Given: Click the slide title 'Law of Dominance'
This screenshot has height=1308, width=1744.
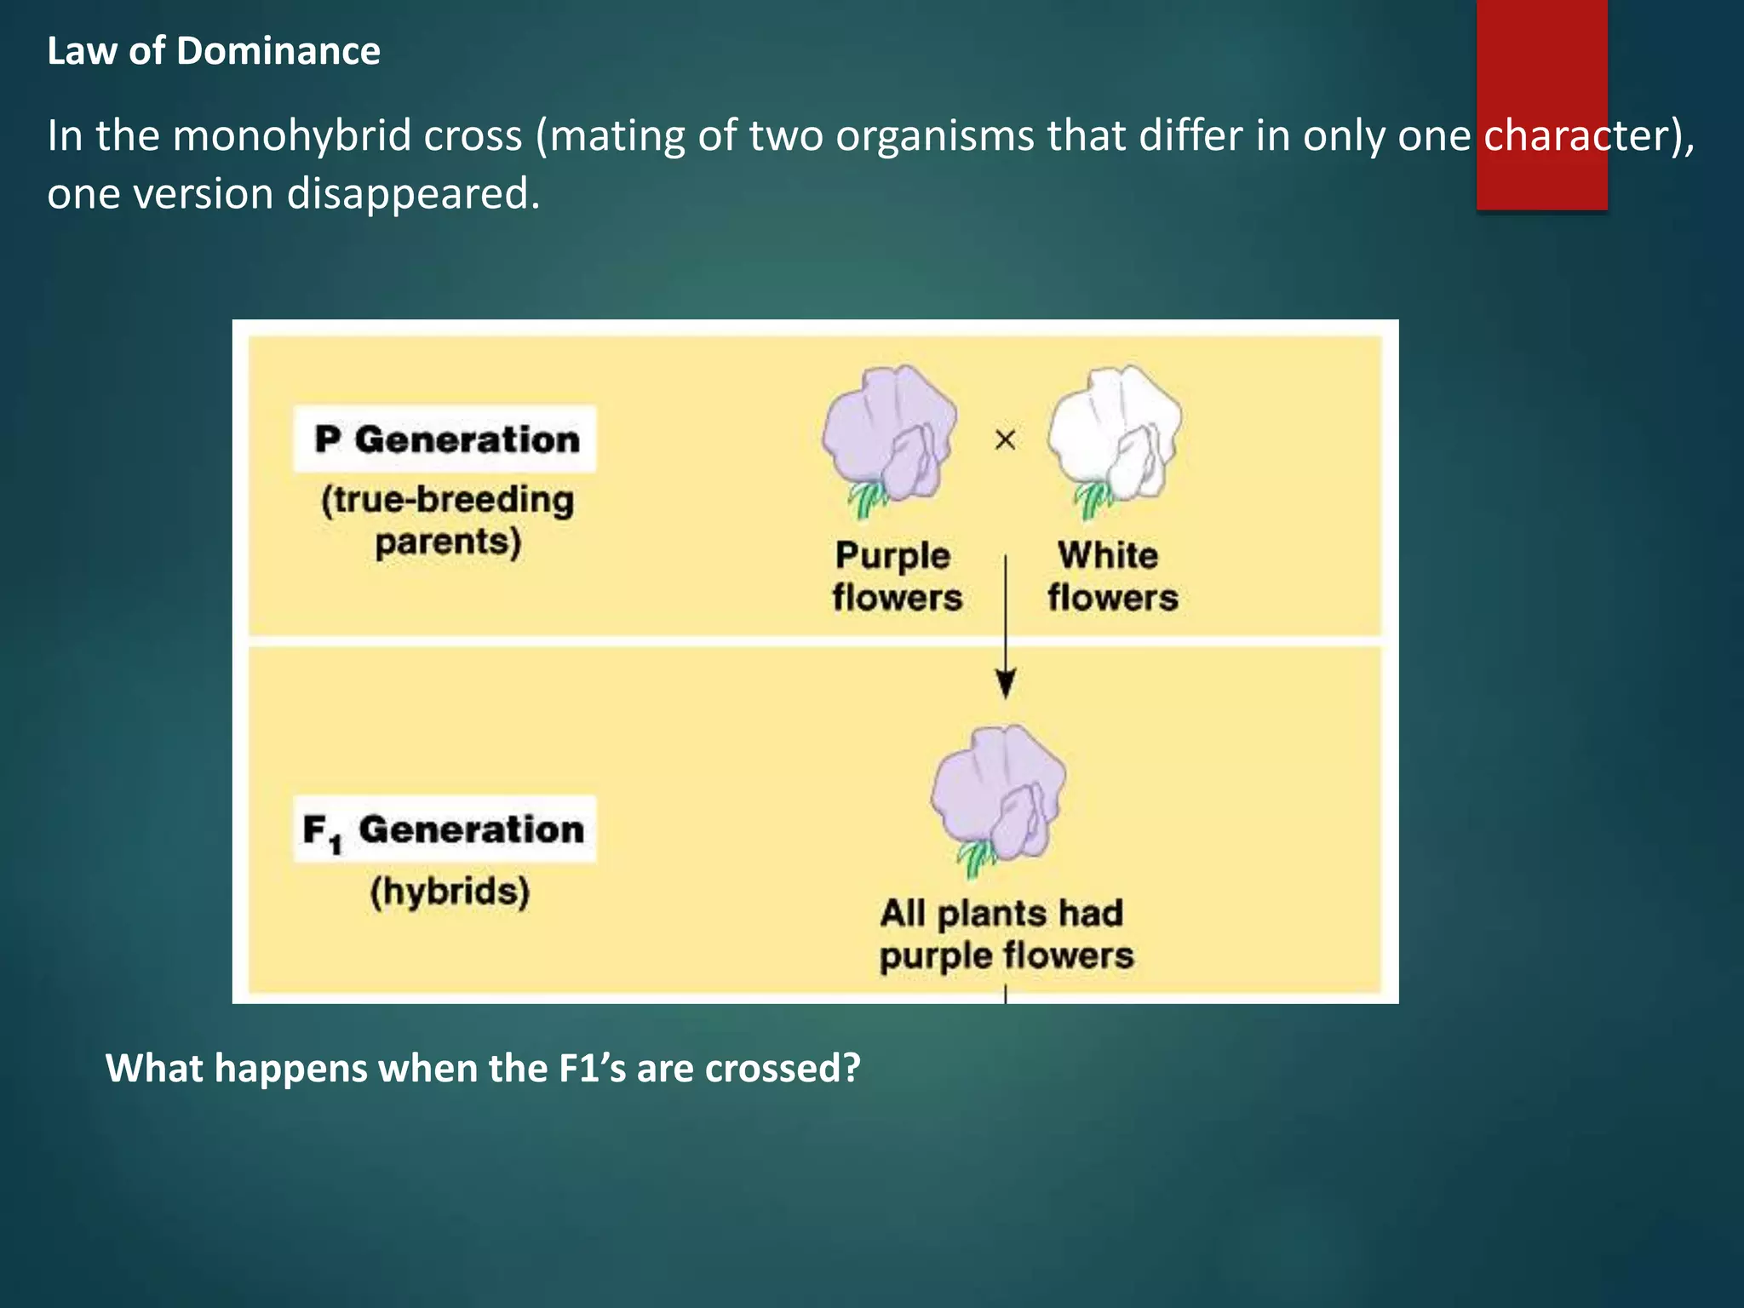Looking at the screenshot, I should coord(214,51).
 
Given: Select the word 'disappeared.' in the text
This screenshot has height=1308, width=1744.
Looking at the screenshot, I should coord(413,194).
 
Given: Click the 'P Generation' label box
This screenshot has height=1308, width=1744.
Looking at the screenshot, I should coord(445,439).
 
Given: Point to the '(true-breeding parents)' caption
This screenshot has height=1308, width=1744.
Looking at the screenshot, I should coord(448,520).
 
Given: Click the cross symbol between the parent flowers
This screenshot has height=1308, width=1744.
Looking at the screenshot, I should coord(1006,440).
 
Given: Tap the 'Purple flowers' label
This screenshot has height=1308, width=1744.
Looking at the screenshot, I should coord(896,577).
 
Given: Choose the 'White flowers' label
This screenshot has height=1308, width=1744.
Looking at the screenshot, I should coord(1112,577).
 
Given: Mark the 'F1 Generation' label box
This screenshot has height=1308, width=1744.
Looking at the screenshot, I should coord(445,830).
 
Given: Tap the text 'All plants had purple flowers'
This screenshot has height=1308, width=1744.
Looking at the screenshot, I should coord(1006,934).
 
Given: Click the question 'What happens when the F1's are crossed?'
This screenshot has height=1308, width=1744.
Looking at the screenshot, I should coord(483,1068).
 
